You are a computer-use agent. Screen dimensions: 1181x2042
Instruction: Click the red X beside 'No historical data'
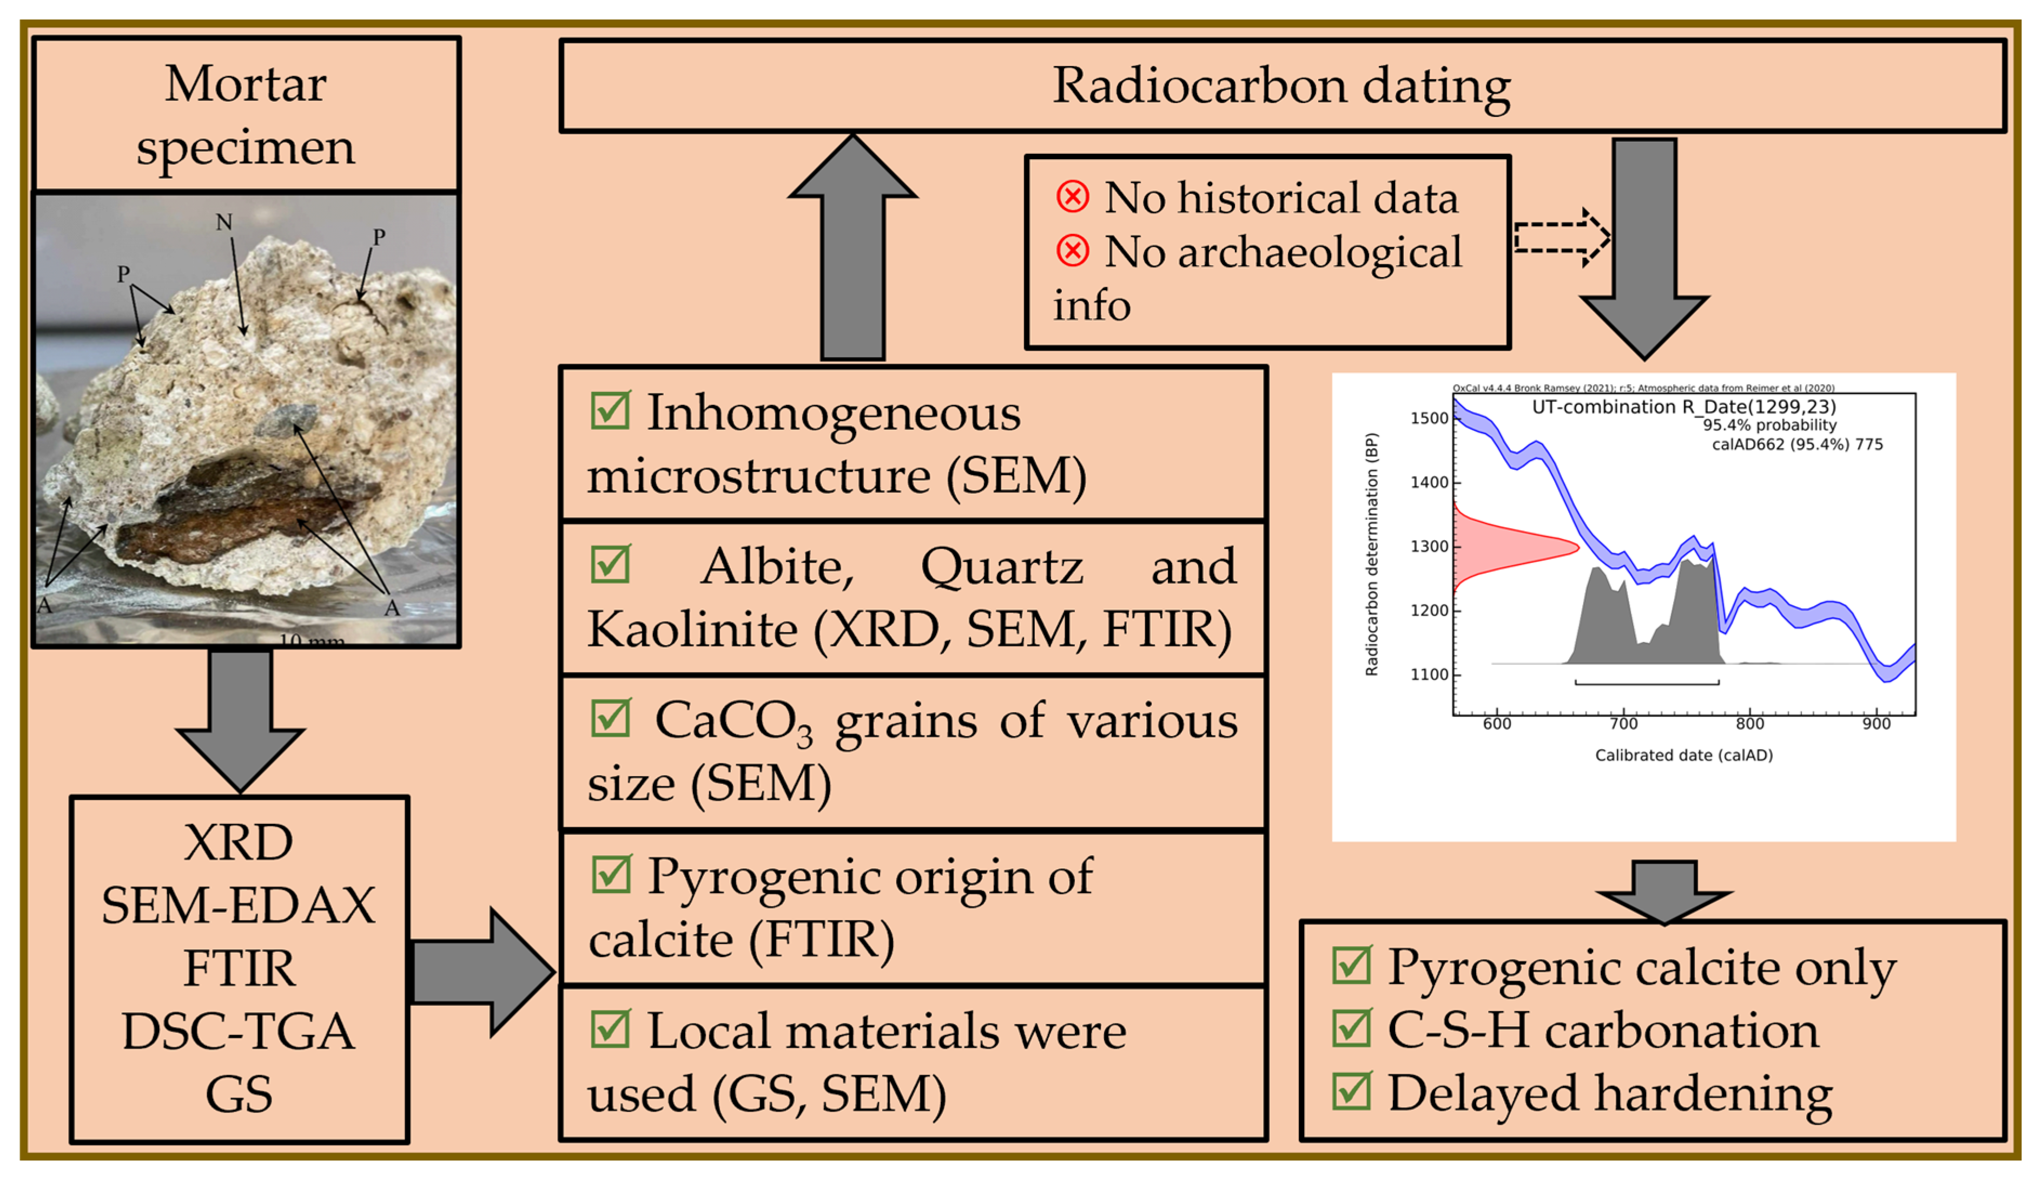pyautogui.click(x=1072, y=197)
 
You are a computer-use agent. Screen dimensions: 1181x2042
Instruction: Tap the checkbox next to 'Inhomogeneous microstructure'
pyautogui.click(x=610, y=410)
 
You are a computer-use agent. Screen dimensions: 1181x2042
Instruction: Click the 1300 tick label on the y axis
pyautogui.click(x=1429, y=546)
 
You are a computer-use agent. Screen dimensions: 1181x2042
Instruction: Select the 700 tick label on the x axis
pyautogui.click(x=1623, y=724)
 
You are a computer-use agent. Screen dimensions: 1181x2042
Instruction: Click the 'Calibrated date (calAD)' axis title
pyautogui.click(x=1683, y=756)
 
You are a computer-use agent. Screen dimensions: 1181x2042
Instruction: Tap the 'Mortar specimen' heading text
pyautogui.click(x=246, y=115)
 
